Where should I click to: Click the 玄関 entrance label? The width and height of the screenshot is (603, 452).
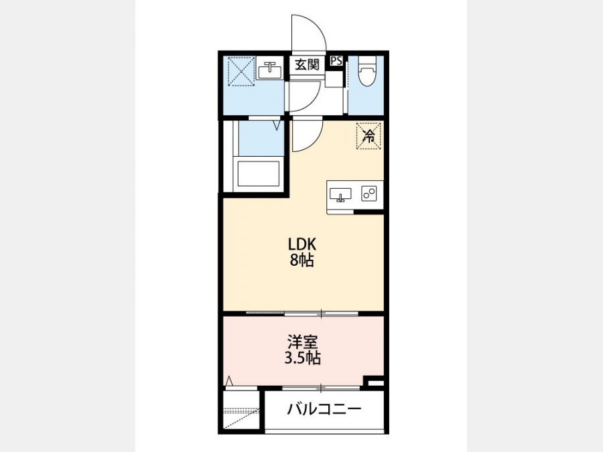(x=308, y=64)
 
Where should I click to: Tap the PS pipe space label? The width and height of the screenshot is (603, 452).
(x=336, y=61)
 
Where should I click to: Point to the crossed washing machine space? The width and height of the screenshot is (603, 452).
(x=241, y=72)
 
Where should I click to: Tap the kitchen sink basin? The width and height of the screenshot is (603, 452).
(x=340, y=194)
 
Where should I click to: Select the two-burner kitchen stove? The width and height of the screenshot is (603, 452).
(x=368, y=193)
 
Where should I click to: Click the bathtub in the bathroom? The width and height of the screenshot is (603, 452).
(x=259, y=173)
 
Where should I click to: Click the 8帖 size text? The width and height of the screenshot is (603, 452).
(x=302, y=260)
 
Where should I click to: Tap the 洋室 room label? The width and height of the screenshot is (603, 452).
(x=302, y=342)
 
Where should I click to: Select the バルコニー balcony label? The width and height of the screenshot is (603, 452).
(x=324, y=409)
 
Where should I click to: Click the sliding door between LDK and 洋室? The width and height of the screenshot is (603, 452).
(x=302, y=314)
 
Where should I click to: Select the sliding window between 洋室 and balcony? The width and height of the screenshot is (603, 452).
(x=321, y=388)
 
